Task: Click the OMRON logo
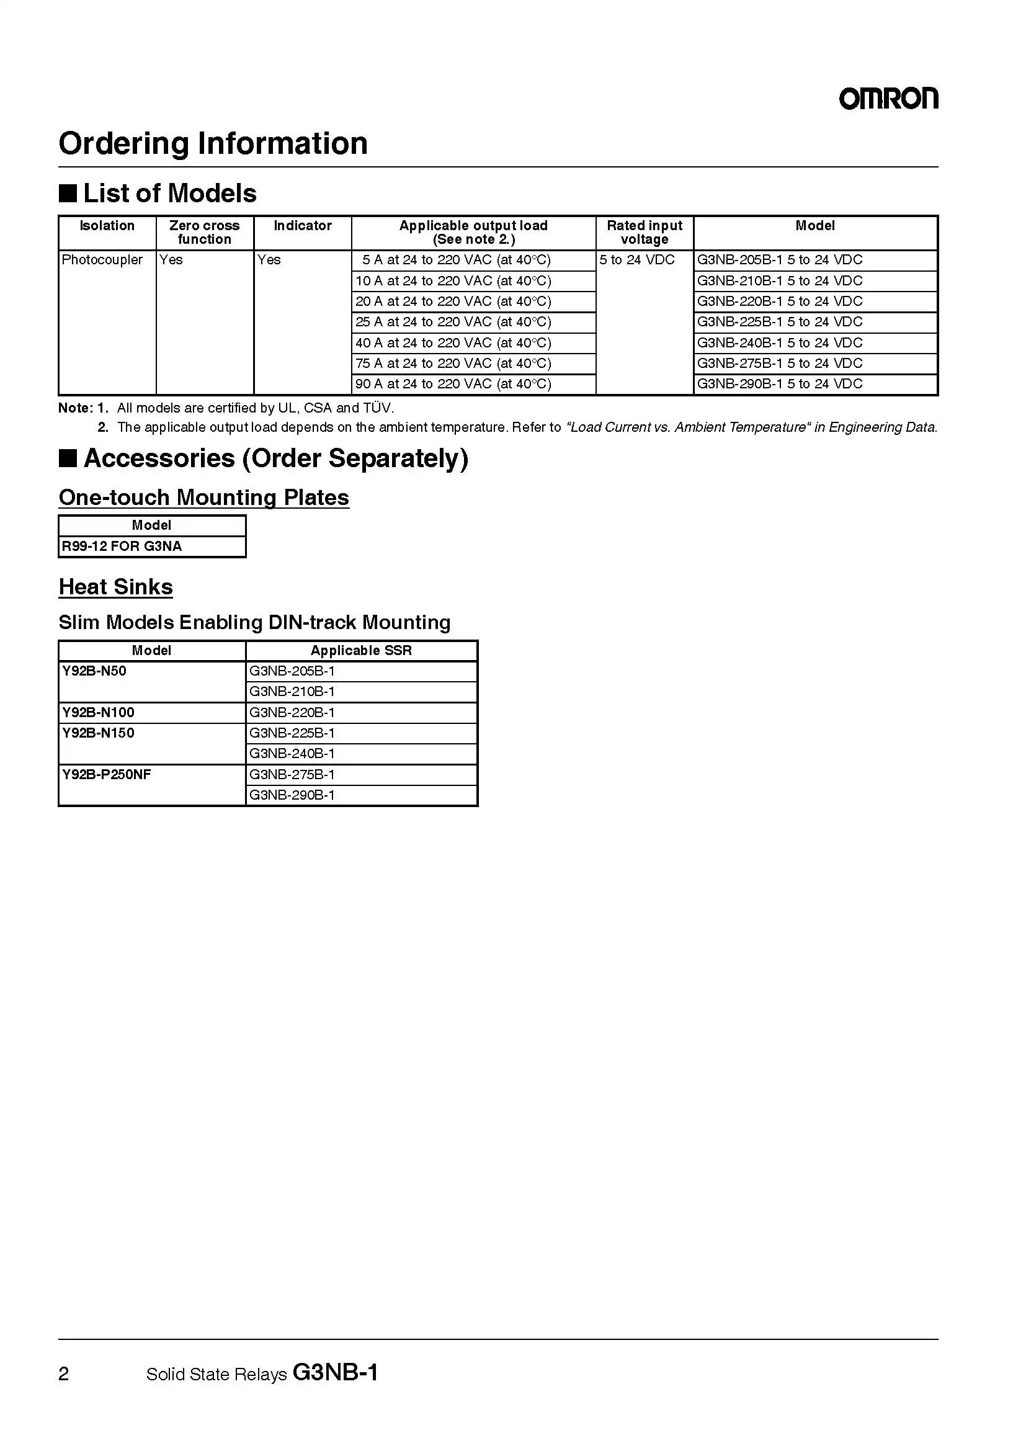(888, 99)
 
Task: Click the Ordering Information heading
(213, 143)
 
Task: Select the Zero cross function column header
(204, 233)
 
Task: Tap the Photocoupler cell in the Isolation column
(102, 260)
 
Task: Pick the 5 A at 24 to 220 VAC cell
(455, 260)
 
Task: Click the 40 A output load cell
(453, 342)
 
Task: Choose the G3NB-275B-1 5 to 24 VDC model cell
(779, 364)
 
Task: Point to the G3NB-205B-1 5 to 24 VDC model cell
(779, 260)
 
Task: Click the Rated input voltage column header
(645, 233)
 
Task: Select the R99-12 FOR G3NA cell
(122, 546)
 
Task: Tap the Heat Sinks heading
(115, 587)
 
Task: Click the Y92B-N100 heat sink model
(98, 712)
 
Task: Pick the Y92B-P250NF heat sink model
(106, 774)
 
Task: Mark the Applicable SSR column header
(361, 650)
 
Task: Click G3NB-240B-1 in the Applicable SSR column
(292, 753)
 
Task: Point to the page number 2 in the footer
(64, 1373)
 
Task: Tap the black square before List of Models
(68, 194)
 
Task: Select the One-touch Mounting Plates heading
(203, 498)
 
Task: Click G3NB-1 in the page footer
(336, 1372)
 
